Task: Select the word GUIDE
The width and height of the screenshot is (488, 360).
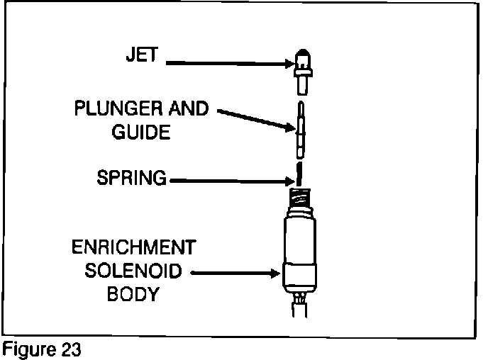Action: click(x=142, y=133)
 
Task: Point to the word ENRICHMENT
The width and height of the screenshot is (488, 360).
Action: click(x=133, y=248)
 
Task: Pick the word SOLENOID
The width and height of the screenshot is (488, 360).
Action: click(x=132, y=271)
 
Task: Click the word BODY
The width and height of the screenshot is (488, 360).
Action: click(x=132, y=293)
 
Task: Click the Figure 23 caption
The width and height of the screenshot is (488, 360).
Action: click(x=42, y=351)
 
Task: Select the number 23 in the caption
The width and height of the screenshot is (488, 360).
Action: click(x=70, y=351)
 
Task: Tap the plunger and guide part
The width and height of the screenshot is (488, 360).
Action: click(x=301, y=129)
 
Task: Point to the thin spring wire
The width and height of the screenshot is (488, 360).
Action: click(x=300, y=172)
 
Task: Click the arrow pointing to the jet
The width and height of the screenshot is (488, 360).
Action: click(x=227, y=64)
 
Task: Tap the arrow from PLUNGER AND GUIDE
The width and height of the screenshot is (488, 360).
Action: click(x=255, y=119)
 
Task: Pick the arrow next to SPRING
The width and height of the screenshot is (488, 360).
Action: click(x=227, y=181)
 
